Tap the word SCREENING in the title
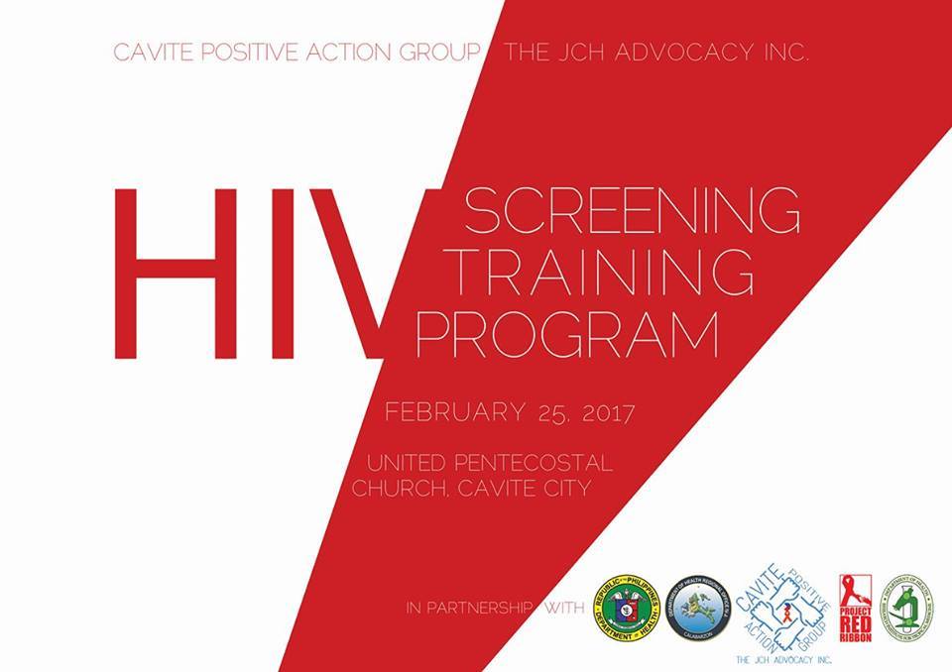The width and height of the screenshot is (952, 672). point(631,209)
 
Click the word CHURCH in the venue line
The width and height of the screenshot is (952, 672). point(398,489)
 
